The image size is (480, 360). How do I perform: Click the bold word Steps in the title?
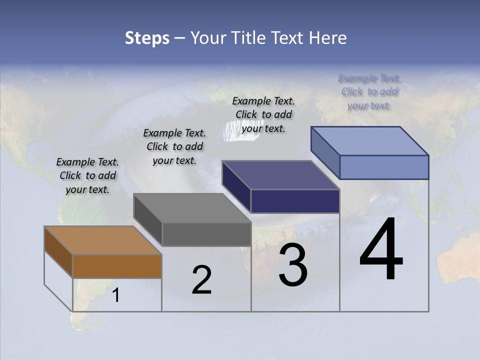[147, 38]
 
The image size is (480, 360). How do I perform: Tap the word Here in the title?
[328, 38]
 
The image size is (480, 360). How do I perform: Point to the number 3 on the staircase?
[293, 265]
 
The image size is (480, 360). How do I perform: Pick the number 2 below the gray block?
[201, 280]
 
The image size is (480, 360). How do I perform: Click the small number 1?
[116, 295]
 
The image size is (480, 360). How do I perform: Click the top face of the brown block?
[102, 240]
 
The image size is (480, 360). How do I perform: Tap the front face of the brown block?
[117, 266]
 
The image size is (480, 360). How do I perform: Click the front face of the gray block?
[206, 234]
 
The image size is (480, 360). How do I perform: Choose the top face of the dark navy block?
[281, 175]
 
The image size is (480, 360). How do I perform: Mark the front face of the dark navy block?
[295, 201]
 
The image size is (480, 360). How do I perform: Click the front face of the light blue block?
[384, 167]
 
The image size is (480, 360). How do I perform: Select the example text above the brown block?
[87, 175]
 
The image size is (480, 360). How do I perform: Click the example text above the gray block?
[174, 146]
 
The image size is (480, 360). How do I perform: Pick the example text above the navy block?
[263, 114]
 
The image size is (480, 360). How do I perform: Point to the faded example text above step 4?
[369, 91]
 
